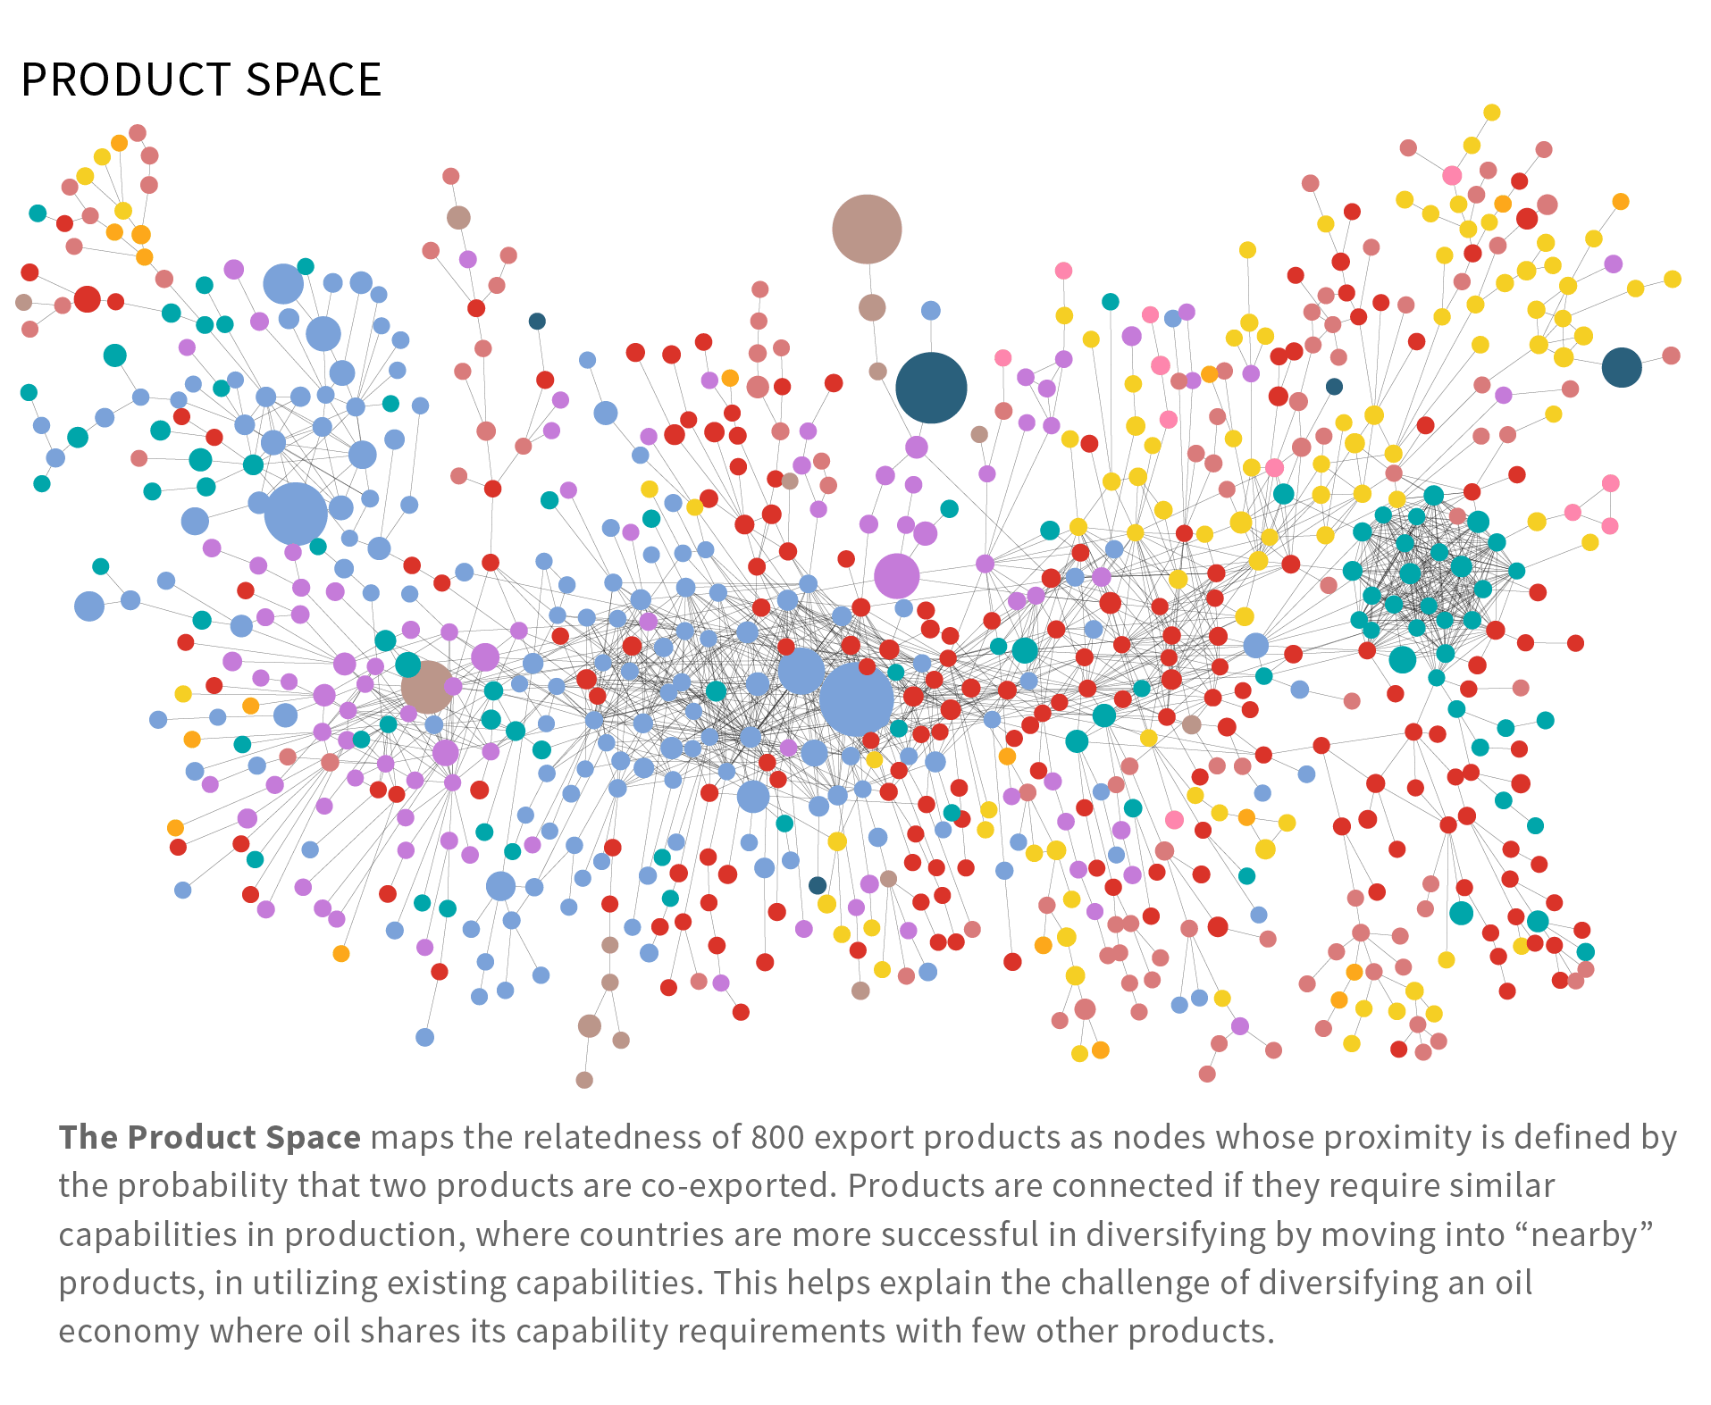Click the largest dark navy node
(931, 388)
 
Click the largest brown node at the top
(866, 230)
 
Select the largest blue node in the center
(856, 699)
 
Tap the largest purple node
(896, 576)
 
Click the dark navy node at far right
(1621, 366)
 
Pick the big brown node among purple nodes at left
(426, 686)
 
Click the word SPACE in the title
(314, 80)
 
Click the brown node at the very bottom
(584, 1080)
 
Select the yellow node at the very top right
(1491, 113)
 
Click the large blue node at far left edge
(88, 606)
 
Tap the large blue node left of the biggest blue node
(801, 672)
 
